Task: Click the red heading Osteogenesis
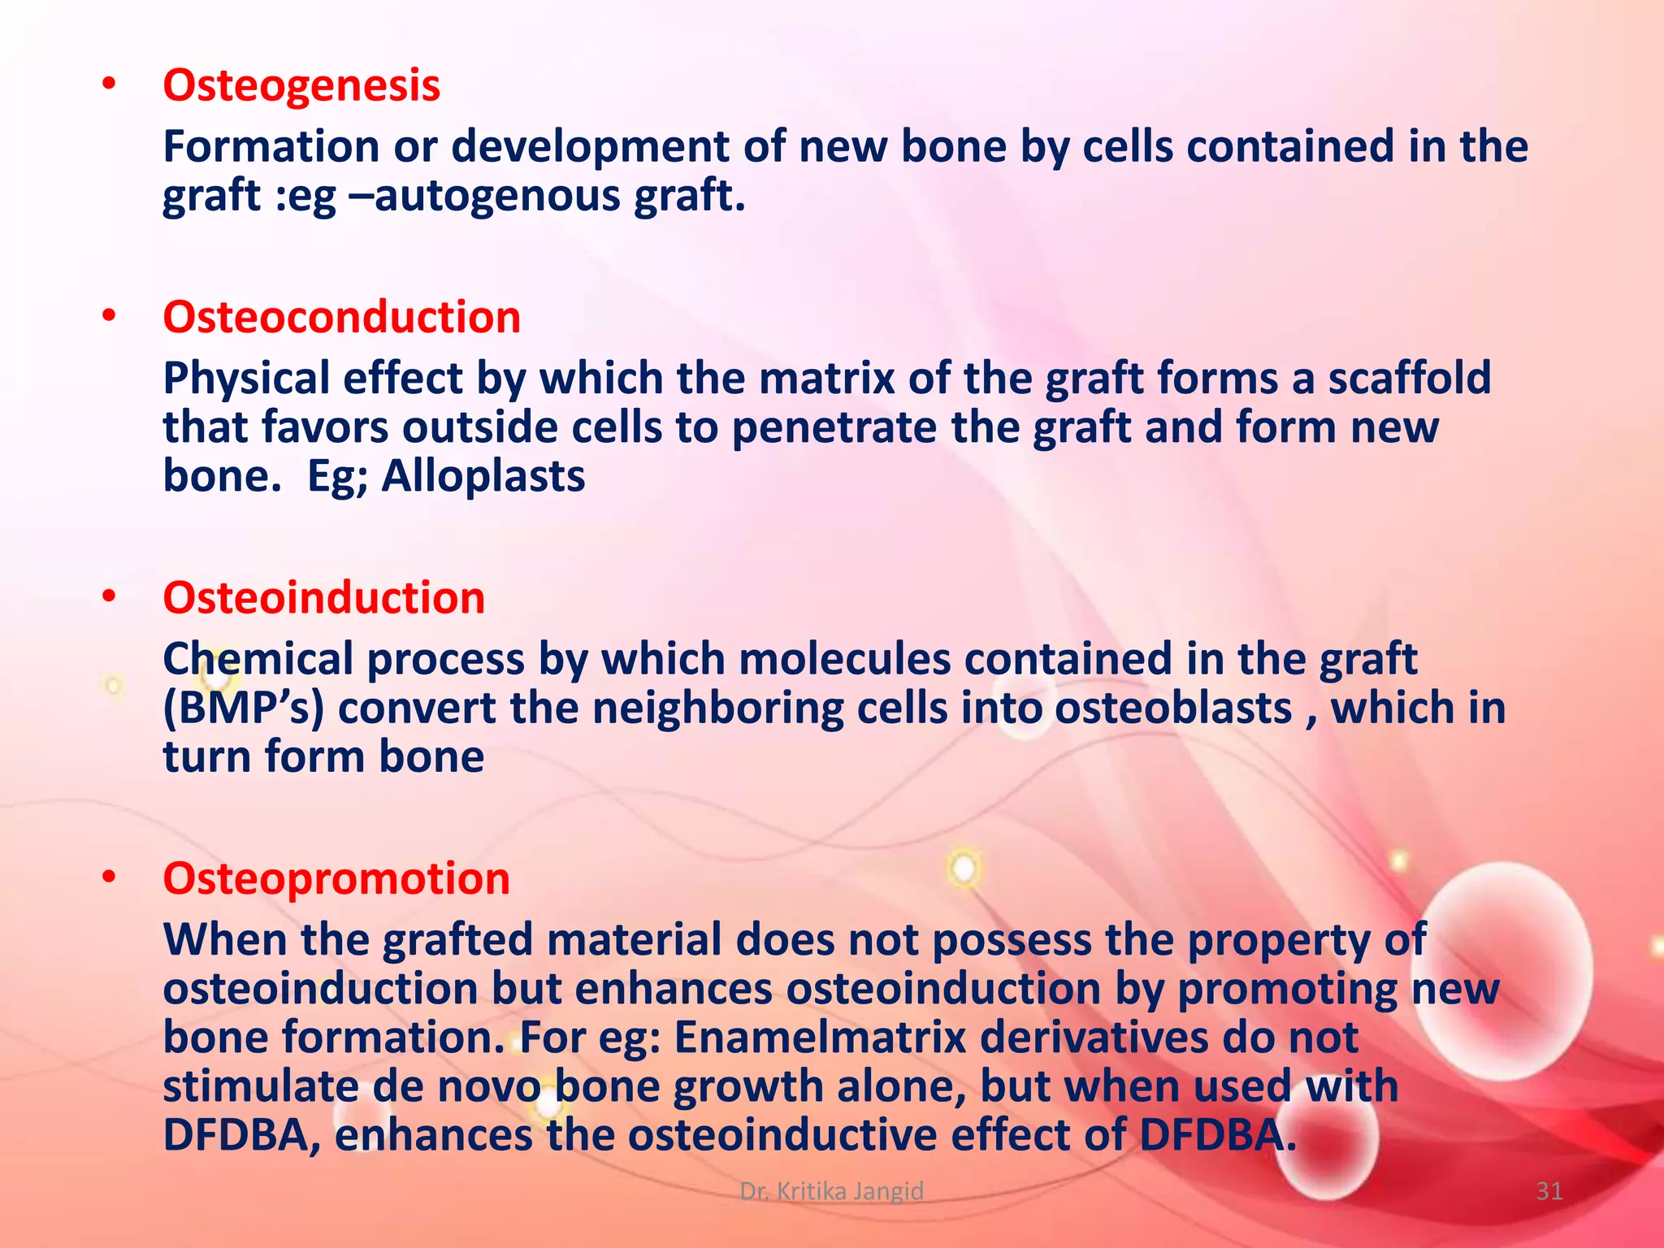tap(301, 86)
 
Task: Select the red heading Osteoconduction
tap(341, 318)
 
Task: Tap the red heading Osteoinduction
tap(323, 599)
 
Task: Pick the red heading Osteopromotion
tap(336, 879)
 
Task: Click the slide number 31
tap(1549, 1191)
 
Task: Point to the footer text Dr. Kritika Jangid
tap(831, 1191)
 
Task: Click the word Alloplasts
tap(483, 477)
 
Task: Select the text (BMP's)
tap(243, 708)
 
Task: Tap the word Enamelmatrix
tap(820, 1038)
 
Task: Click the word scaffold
tap(1410, 379)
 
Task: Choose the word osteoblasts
tap(1172, 708)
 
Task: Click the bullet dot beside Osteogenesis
tap(110, 84)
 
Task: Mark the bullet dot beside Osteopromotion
tap(110, 877)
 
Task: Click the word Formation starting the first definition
tap(271, 148)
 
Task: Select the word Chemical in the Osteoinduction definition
tap(258, 660)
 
